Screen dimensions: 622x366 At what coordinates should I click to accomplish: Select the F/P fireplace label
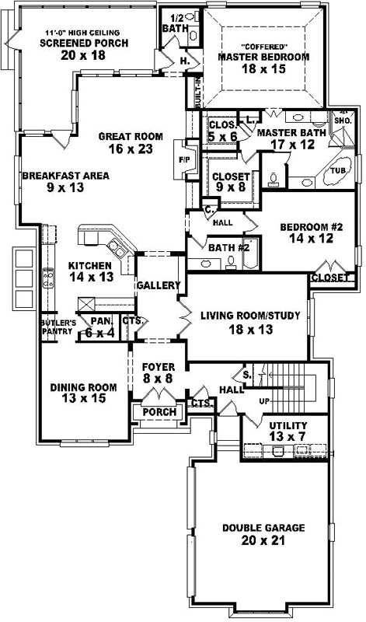tap(183, 159)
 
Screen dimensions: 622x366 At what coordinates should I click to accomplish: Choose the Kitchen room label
tap(92, 264)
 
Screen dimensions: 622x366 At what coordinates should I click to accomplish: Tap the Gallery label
tap(159, 286)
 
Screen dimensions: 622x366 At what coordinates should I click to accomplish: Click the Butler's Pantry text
tap(58, 327)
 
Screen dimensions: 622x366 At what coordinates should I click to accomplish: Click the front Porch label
tap(159, 411)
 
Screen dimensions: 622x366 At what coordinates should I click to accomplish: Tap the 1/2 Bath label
tap(176, 23)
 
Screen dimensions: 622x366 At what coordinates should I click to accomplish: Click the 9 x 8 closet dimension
tap(231, 187)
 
